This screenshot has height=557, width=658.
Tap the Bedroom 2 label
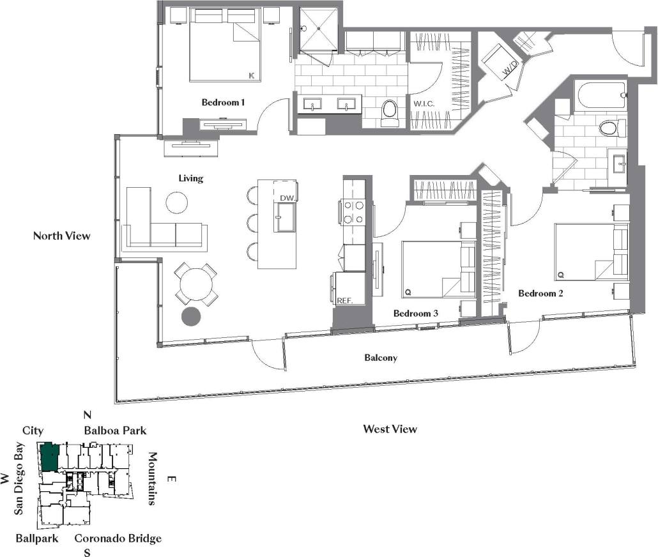540,294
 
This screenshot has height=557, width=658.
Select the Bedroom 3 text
415,314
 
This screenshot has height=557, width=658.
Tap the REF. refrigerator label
344,300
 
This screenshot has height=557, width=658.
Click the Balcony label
381,358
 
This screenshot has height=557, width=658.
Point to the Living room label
191,179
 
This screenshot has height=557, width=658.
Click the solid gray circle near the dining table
190,315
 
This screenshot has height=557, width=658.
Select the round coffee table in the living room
176,202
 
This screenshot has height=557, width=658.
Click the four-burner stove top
353,212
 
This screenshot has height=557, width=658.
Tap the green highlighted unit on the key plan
50,457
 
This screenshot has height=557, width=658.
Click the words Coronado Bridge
118,538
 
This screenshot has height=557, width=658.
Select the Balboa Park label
115,431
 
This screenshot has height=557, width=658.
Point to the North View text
62,236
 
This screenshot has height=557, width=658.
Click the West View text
390,429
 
